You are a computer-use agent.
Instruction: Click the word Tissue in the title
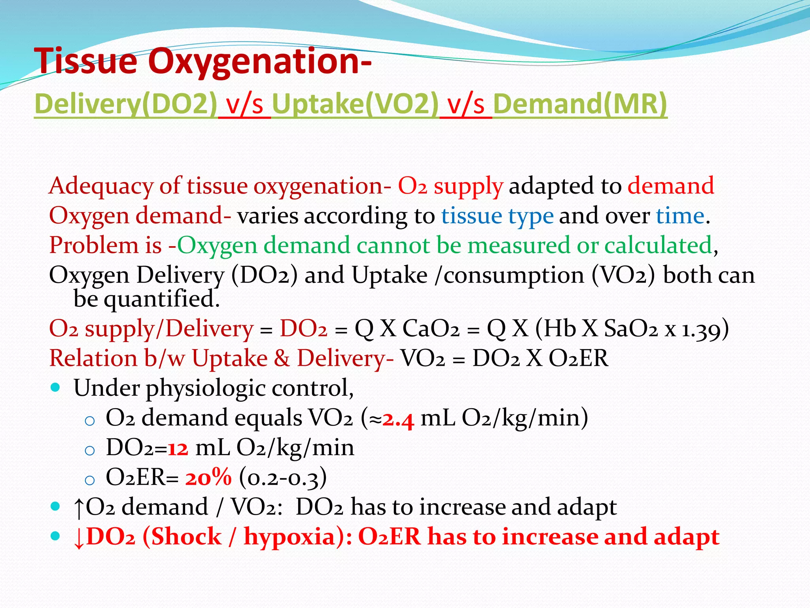pos(86,61)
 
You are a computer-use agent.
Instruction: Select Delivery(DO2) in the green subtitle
pos(126,104)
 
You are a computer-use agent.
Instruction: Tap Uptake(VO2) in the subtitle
pos(355,104)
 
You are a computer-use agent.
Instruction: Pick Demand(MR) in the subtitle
pos(580,104)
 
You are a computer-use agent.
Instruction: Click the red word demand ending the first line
pos(671,186)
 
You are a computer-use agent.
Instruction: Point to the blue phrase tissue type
pos(497,216)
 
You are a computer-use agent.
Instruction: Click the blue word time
pos(680,216)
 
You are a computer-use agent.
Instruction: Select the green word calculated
pos(658,245)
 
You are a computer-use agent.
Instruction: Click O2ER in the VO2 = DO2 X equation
pos(578,358)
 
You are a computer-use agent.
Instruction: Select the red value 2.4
pos(398,419)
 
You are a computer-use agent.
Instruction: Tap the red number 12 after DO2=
pos(178,448)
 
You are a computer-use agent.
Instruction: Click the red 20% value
pos(208,477)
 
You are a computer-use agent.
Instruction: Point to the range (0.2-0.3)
pos(283,478)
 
